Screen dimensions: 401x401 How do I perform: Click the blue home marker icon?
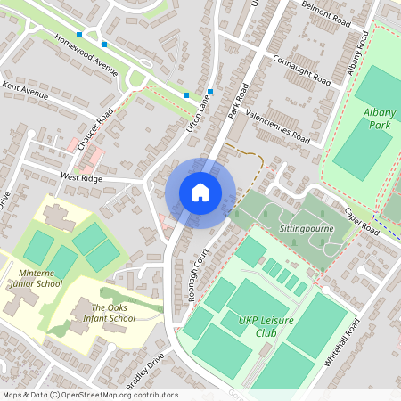click(x=200, y=192)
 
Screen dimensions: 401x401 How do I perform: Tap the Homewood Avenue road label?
click(x=86, y=55)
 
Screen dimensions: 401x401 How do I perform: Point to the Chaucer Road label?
click(x=95, y=130)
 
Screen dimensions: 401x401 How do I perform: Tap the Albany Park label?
click(x=379, y=119)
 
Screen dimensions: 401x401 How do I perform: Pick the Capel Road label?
click(x=362, y=225)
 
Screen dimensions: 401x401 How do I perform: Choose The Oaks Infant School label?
click(x=113, y=313)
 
